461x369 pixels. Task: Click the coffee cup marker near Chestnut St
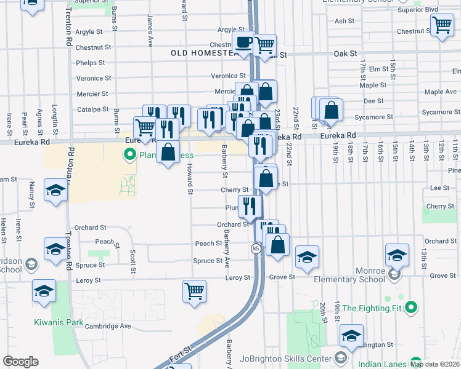click(244, 43)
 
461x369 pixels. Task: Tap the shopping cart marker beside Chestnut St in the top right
click(442, 26)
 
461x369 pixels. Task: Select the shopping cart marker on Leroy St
click(194, 290)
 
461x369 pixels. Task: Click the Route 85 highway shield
click(255, 248)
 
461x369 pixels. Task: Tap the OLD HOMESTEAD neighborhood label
click(205, 54)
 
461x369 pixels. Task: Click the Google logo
click(20, 362)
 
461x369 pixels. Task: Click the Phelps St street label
click(93, 63)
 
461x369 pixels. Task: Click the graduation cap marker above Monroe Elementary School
click(397, 255)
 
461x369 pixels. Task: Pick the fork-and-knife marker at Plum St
click(250, 206)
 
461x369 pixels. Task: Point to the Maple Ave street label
click(440, 92)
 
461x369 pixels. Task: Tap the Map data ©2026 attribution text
click(433, 363)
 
